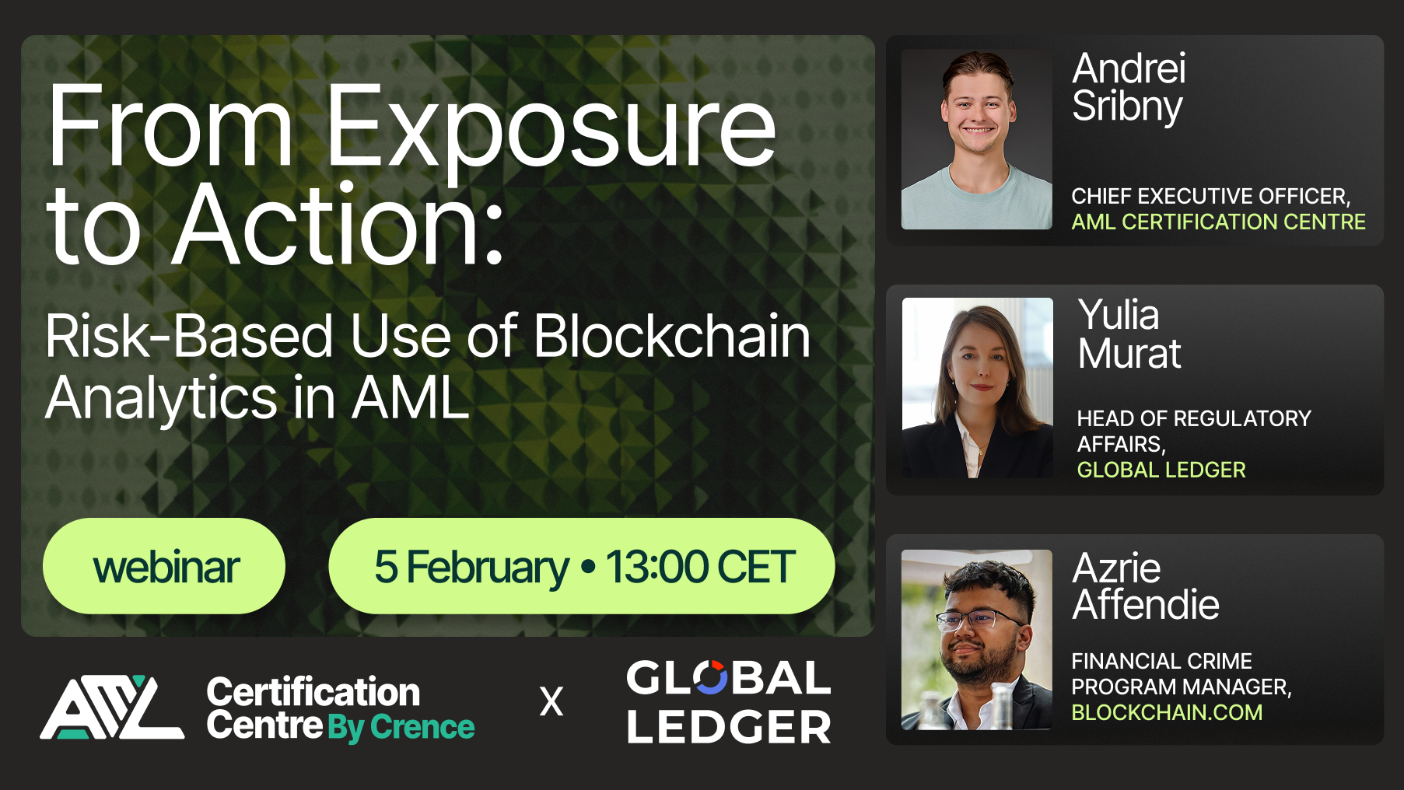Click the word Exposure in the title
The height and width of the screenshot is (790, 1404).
[551, 128]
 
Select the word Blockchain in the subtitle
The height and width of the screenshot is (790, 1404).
[672, 337]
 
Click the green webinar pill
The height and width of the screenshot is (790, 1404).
[164, 566]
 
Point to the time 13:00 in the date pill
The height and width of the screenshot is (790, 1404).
[657, 567]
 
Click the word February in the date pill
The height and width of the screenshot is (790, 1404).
[488, 567]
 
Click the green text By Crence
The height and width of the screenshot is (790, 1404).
[401, 727]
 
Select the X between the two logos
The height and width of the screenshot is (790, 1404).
[551, 702]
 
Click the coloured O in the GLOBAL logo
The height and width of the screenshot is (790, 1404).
[710, 678]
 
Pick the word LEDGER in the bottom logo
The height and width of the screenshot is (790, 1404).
[729, 727]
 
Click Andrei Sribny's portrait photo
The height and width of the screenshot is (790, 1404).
[976, 140]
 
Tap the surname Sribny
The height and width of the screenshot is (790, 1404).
[1127, 107]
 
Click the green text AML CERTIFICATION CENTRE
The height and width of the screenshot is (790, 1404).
[1218, 222]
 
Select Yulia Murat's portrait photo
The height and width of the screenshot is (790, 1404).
[977, 387]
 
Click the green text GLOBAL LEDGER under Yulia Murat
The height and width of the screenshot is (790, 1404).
[1161, 470]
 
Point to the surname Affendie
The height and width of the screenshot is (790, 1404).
[1145, 605]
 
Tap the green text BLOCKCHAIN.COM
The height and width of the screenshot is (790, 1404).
[1167, 712]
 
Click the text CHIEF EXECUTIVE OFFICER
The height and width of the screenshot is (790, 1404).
[1210, 196]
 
